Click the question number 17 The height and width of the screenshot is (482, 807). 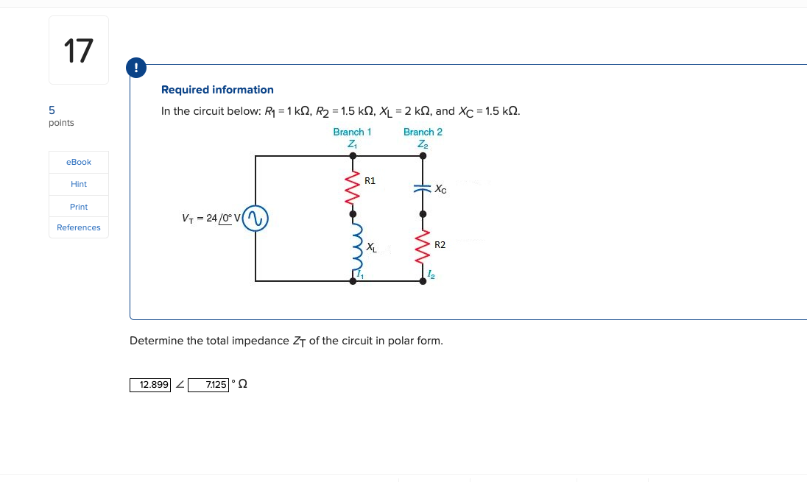coord(79,51)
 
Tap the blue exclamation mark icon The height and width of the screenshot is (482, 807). coord(135,68)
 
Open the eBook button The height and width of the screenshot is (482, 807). coord(79,162)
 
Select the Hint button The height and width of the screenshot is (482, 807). coord(79,184)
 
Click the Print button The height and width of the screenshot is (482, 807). coord(79,207)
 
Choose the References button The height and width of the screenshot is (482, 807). coord(79,227)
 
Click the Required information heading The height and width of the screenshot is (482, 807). coord(217,90)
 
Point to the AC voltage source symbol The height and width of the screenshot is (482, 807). coord(256,219)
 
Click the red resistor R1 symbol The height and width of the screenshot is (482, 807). coord(353,185)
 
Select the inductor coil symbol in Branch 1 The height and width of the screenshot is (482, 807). coord(354,247)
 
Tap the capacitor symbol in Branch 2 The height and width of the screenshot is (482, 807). coord(422,188)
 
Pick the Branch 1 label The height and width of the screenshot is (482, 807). coord(352,132)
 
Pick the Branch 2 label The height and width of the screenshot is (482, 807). coord(423,132)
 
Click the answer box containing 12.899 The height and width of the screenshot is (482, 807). coord(150,385)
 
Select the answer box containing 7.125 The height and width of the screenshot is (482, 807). coord(208,385)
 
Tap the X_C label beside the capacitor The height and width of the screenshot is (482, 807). coord(440,189)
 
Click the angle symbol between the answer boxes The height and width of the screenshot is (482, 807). coord(180,385)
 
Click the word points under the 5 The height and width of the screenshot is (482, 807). coord(61,123)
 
